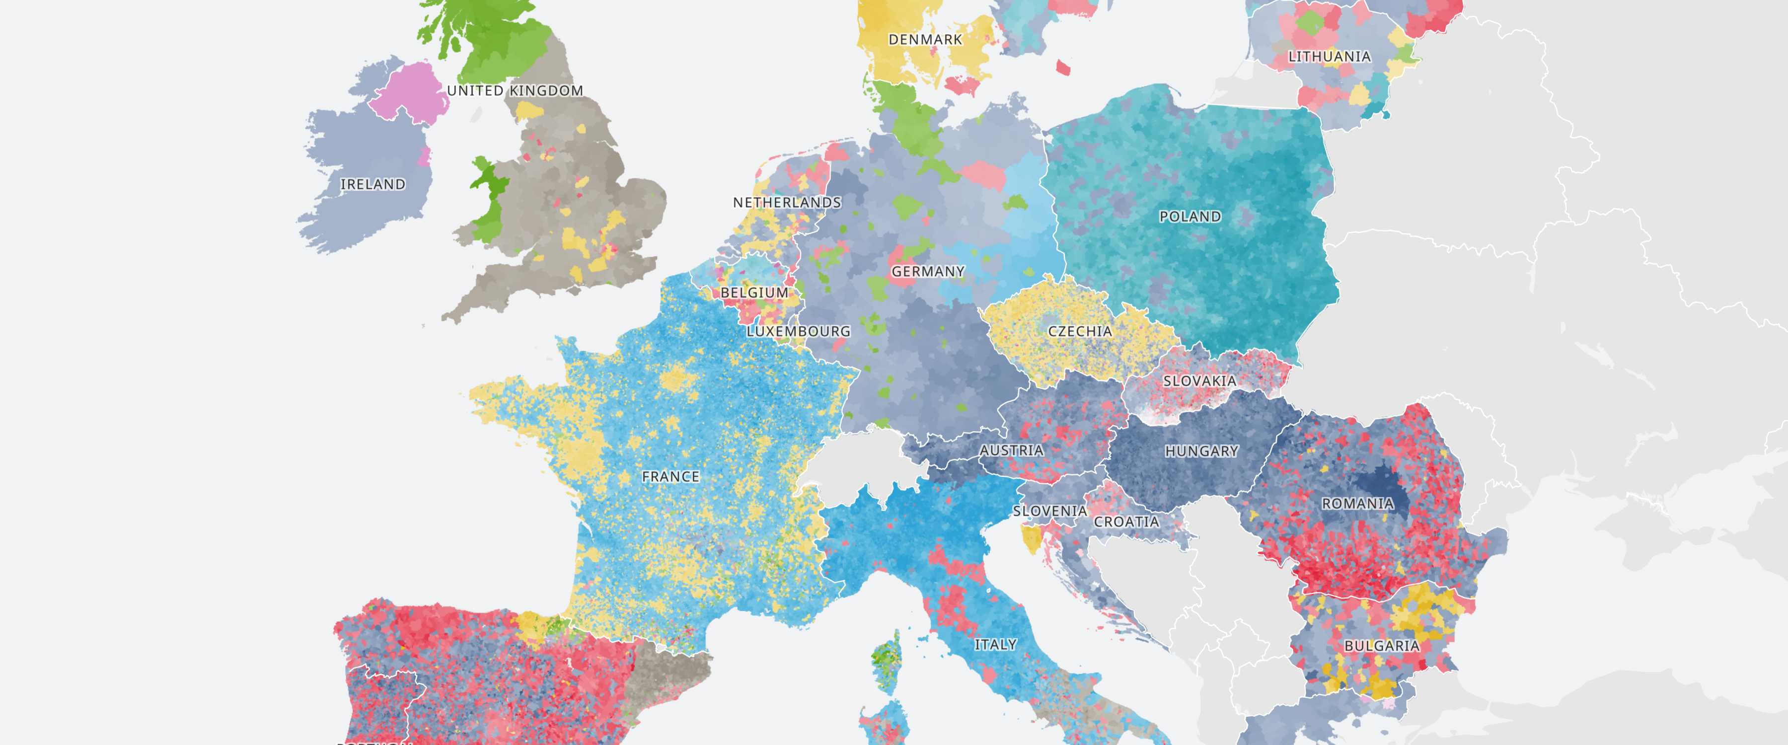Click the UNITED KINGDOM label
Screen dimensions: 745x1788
[x=515, y=91]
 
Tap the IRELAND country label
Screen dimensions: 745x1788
[x=372, y=185]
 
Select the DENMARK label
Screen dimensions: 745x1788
[x=925, y=40]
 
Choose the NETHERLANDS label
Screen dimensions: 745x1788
[x=787, y=203]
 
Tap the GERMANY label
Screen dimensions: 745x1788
[x=928, y=272]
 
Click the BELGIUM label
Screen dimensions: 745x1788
[x=754, y=293]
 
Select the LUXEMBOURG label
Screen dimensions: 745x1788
[x=798, y=332]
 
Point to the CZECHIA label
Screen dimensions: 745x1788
[x=1080, y=331]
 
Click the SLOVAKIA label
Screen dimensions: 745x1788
[x=1199, y=381]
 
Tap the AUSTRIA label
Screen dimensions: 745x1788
[x=1011, y=450]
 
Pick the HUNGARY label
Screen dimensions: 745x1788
[x=1201, y=451]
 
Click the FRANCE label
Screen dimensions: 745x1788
[x=670, y=477]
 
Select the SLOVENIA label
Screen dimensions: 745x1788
[x=1050, y=512]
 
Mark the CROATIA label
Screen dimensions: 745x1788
[x=1126, y=522]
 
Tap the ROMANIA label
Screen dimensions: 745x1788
[x=1357, y=504]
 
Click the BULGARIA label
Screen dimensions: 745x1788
[x=1381, y=646]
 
